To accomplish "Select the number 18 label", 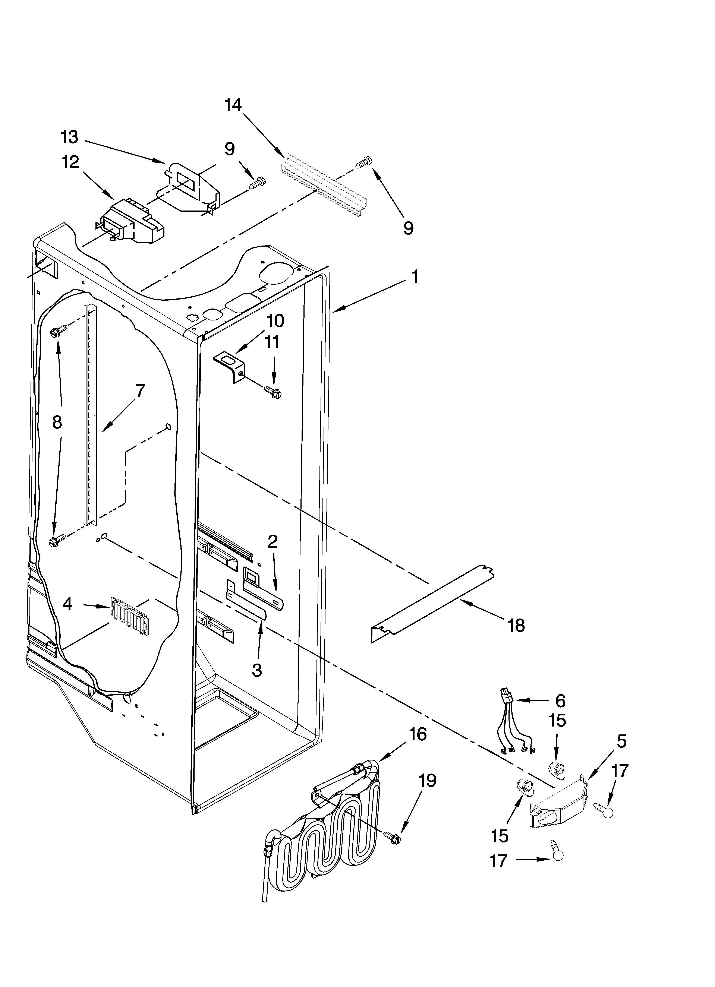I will (516, 626).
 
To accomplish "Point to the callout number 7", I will (139, 391).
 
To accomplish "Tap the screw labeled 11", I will (273, 392).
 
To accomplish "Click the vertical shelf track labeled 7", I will (90, 413).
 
